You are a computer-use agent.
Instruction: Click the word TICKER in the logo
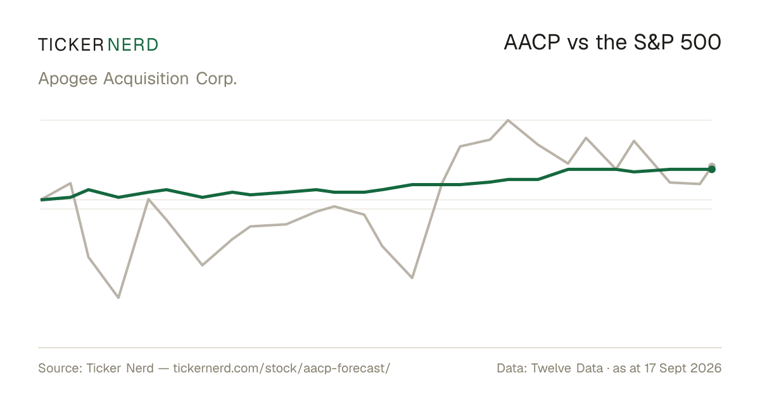click(71, 45)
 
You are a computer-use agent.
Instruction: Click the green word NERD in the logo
click(133, 45)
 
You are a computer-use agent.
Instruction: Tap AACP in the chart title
click(531, 42)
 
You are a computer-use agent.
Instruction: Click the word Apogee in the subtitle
click(68, 79)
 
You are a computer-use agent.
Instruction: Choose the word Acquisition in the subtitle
click(146, 79)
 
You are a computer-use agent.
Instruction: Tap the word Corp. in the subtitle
click(216, 79)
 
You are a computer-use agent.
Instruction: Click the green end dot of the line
click(712, 169)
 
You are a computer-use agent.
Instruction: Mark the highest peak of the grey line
click(508, 120)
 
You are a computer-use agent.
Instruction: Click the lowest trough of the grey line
click(118, 298)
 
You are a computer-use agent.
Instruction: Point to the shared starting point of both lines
click(41, 199)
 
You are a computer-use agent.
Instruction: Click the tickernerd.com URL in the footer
click(282, 368)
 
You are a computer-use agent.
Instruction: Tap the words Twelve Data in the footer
click(567, 368)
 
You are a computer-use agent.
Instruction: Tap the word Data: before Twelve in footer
click(512, 368)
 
